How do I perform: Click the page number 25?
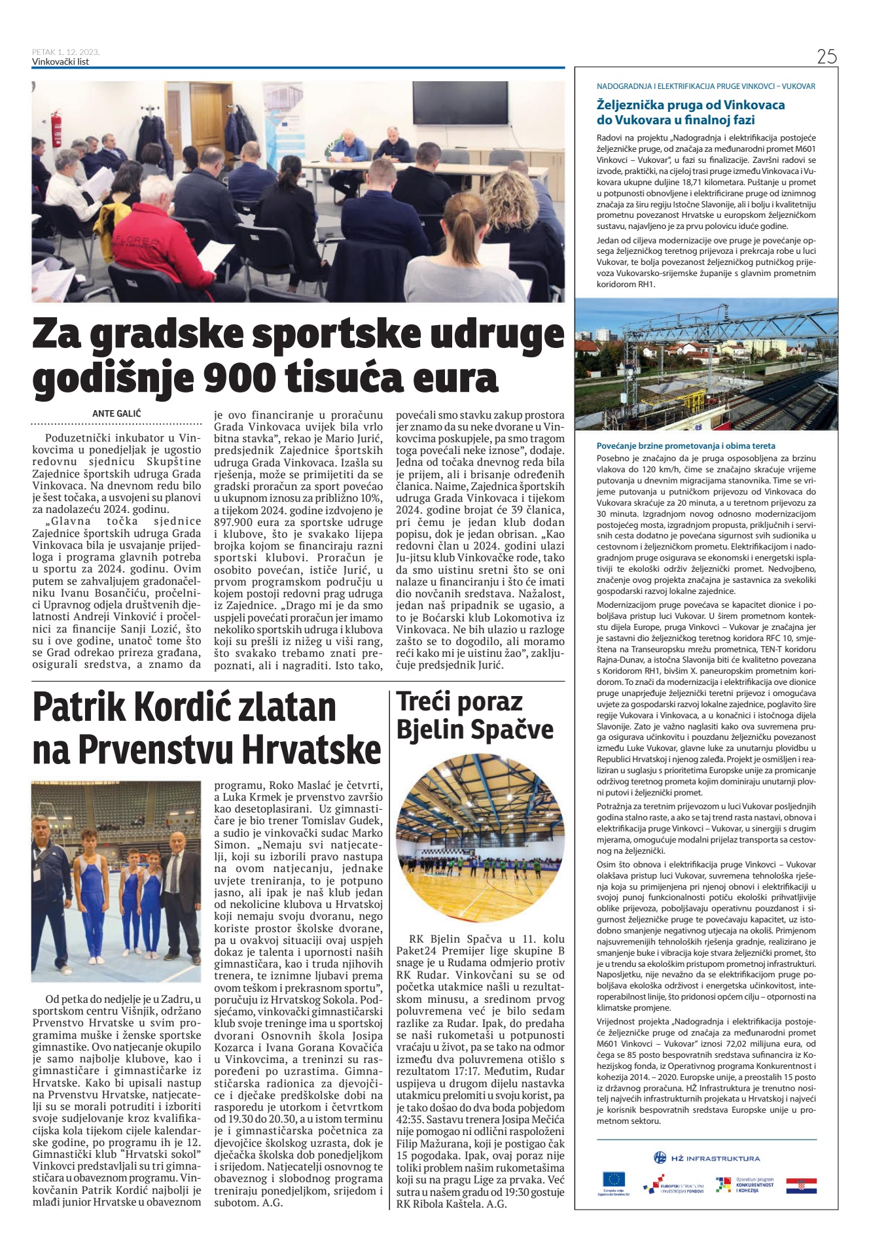pyautogui.click(x=826, y=57)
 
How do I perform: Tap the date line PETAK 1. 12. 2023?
pyautogui.click(x=65, y=52)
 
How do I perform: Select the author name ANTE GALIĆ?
pyautogui.click(x=116, y=413)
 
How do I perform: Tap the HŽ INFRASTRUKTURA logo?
pyautogui.click(x=706, y=1159)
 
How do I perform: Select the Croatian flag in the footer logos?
pyautogui.click(x=801, y=1185)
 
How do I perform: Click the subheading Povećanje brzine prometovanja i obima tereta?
pyautogui.click(x=686, y=445)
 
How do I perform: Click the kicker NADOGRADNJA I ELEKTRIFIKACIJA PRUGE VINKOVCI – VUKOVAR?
pyautogui.click(x=705, y=86)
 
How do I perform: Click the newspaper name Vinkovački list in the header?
pyautogui.click(x=60, y=62)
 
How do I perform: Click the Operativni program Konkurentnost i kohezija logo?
pyautogui.click(x=745, y=1185)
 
